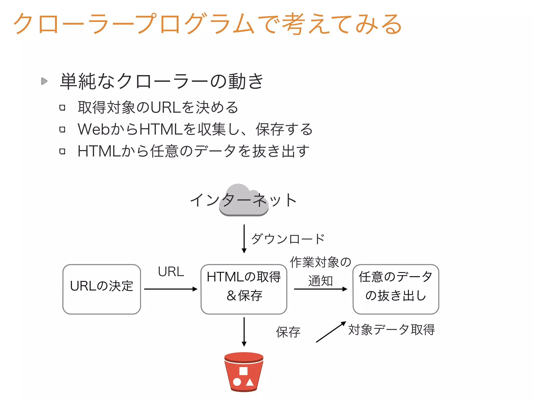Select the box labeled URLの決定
click(x=102, y=289)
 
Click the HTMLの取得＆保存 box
click(x=244, y=289)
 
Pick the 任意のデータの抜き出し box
click(x=396, y=289)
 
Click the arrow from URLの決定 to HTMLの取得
click(x=170, y=289)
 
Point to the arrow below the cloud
click(x=244, y=238)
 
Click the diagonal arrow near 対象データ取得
click(x=331, y=332)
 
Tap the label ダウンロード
click(x=288, y=239)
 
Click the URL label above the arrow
click(x=171, y=272)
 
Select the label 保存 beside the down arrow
click(x=288, y=332)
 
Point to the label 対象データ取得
click(x=391, y=330)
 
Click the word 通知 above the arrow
click(x=321, y=281)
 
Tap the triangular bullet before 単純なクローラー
click(x=44, y=81)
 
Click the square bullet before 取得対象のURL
click(x=62, y=108)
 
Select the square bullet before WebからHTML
click(x=62, y=129)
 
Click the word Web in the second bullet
click(x=94, y=129)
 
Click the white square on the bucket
click(x=243, y=371)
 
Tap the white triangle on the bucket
click(x=250, y=382)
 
